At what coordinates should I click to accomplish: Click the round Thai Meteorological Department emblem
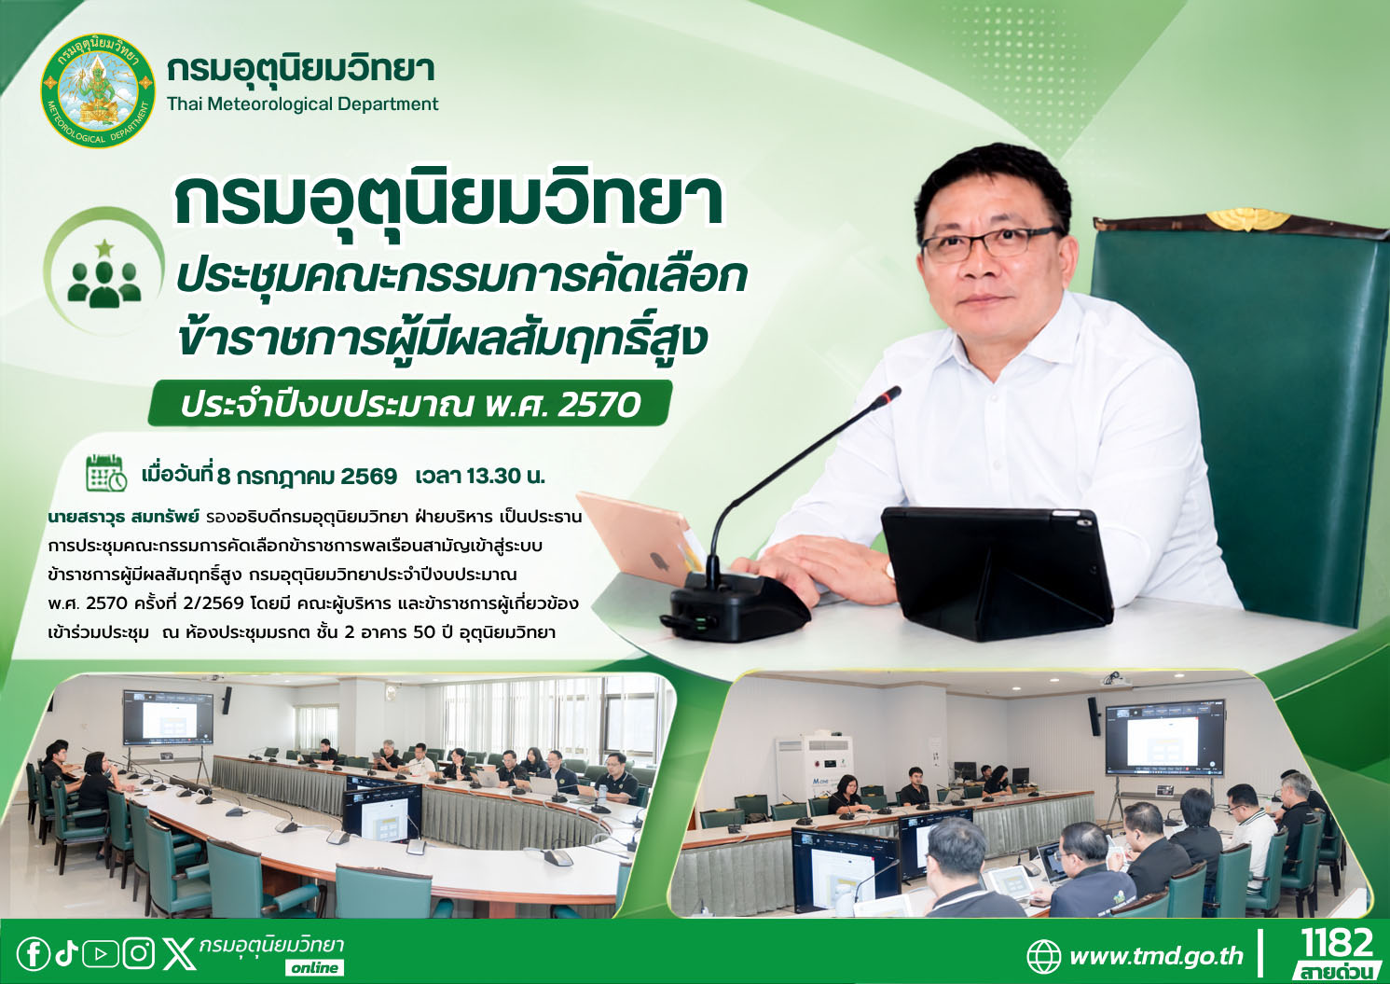(98, 91)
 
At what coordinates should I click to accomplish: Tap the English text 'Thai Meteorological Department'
(303, 104)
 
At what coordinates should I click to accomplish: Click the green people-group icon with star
(104, 277)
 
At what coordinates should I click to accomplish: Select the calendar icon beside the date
(106, 473)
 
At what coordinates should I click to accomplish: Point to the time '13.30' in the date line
(494, 477)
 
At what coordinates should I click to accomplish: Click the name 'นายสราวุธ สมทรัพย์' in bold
(122, 517)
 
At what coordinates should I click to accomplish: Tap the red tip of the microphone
(892, 394)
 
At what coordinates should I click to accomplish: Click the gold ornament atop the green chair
(1248, 218)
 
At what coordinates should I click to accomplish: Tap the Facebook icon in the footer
(33, 953)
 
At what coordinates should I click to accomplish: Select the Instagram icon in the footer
(138, 953)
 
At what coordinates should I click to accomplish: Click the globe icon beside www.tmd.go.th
(1044, 956)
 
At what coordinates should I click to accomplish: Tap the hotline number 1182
(1336, 945)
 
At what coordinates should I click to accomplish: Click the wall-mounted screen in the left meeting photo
(168, 717)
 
